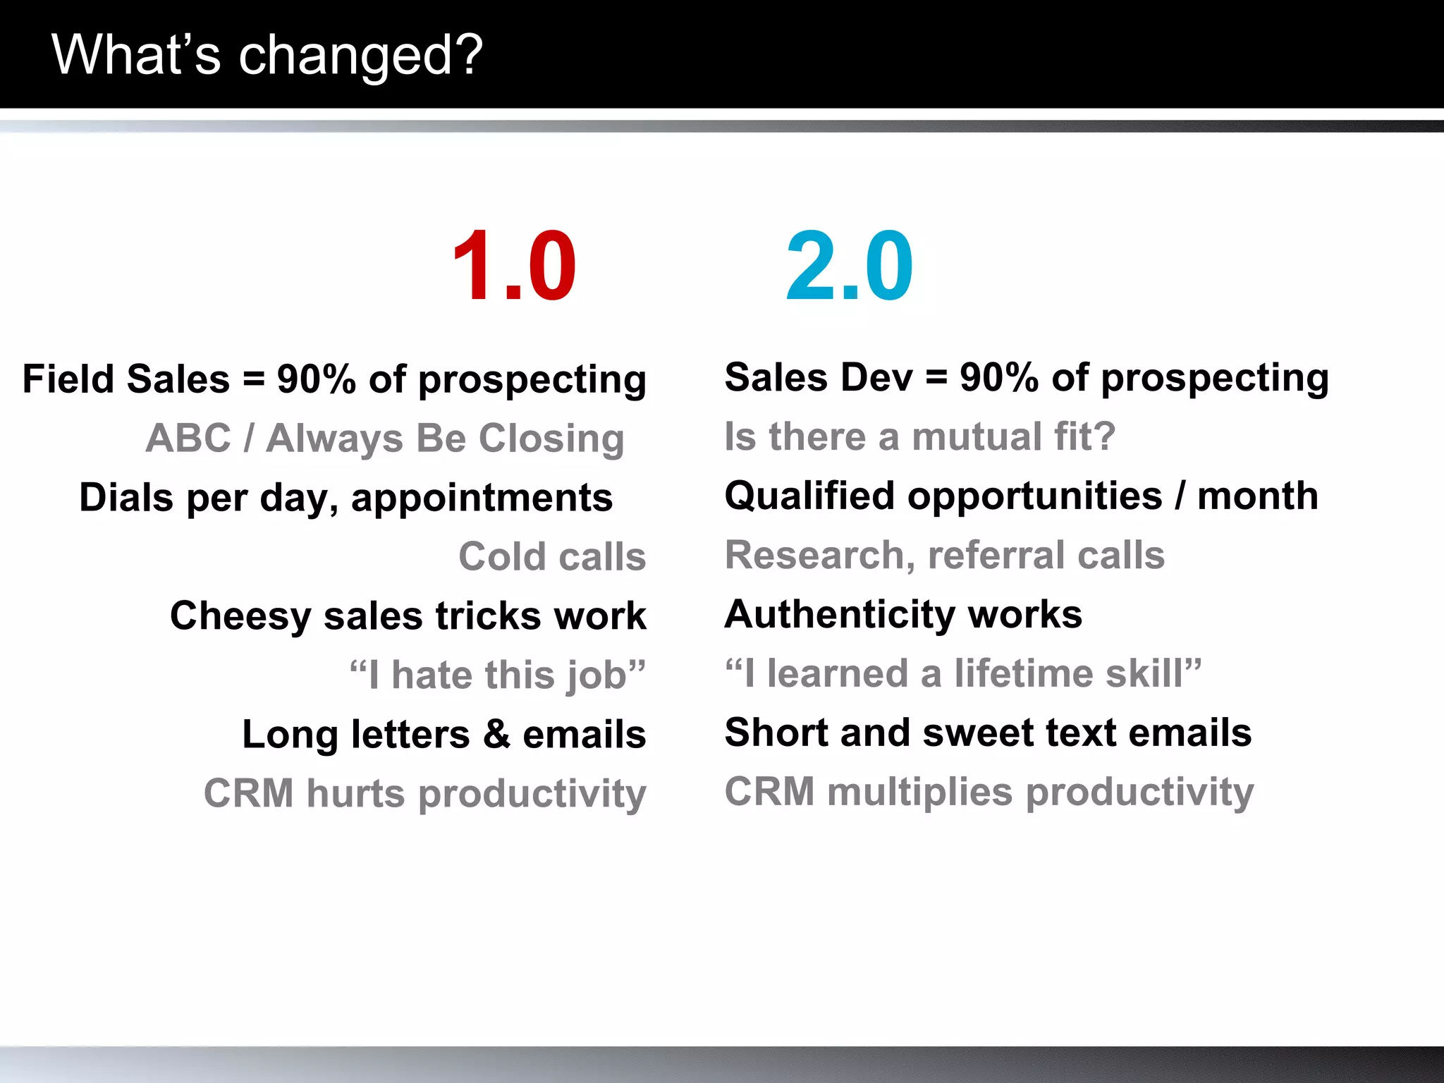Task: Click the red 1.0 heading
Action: click(514, 267)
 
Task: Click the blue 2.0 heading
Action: click(849, 267)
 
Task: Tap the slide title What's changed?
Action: click(267, 55)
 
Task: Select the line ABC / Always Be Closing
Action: click(385, 439)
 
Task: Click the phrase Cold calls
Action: click(552, 557)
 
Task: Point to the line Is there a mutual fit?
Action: click(919, 436)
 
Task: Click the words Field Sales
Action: click(126, 379)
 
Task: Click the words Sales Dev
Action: click(819, 377)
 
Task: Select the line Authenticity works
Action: click(903, 614)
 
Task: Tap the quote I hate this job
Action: click(498, 675)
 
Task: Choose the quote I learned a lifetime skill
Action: click(963, 673)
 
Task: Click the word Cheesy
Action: click(240, 616)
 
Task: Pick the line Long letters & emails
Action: click(444, 735)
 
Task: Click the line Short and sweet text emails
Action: click(988, 733)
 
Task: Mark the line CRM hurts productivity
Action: click(425, 794)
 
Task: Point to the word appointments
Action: click(482, 498)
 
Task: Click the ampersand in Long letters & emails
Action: click(497, 735)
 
